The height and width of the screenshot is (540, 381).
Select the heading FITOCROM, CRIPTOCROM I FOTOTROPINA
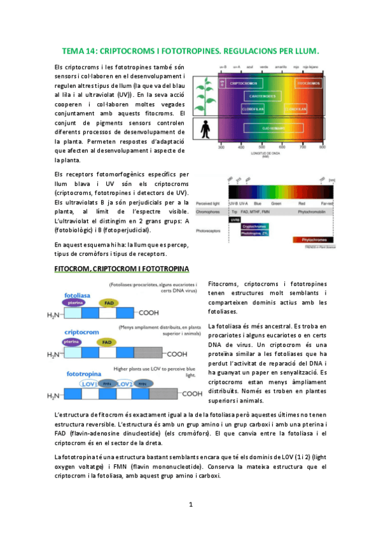(121, 269)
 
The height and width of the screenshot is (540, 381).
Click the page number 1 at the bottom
(190, 505)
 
